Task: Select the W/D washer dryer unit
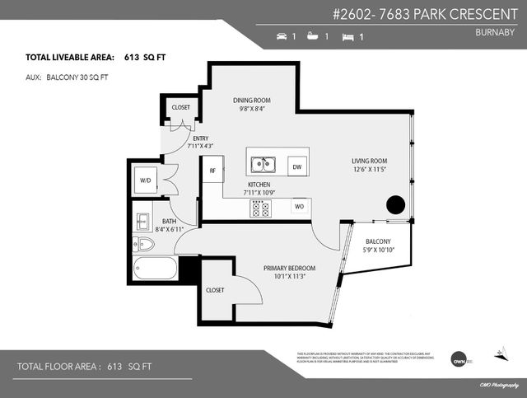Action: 146,180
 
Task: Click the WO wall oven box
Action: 300,206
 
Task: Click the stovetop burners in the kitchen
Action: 260,208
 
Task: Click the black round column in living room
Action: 395,204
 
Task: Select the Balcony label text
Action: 379,241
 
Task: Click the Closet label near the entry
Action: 180,107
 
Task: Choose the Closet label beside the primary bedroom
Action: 215,290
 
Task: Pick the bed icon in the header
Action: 347,37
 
